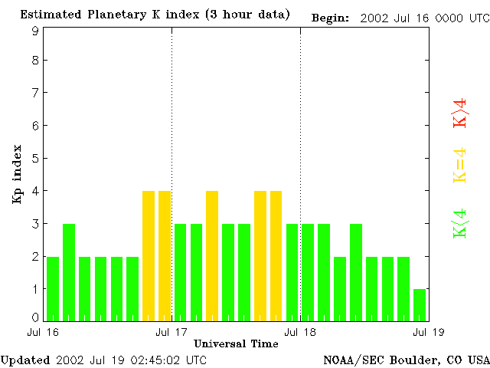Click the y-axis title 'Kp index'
click(x=17, y=174)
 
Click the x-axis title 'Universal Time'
click(x=236, y=344)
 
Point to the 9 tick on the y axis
click(x=35, y=31)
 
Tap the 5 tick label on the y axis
click(x=35, y=159)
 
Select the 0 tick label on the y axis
click(x=35, y=317)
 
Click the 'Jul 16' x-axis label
click(x=42, y=332)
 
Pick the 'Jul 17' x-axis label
click(x=171, y=332)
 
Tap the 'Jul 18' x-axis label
click(x=300, y=332)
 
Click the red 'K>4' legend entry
click(x=460, y=113)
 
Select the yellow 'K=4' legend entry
click(x=460, y=165)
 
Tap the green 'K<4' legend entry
click(x=460, y=223)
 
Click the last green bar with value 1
click(x=420, y=304)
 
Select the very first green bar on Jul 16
click(x=53, y=288)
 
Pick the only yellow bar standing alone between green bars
click(x=212, y=255)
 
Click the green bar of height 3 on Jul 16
click(x=69, y=272)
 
